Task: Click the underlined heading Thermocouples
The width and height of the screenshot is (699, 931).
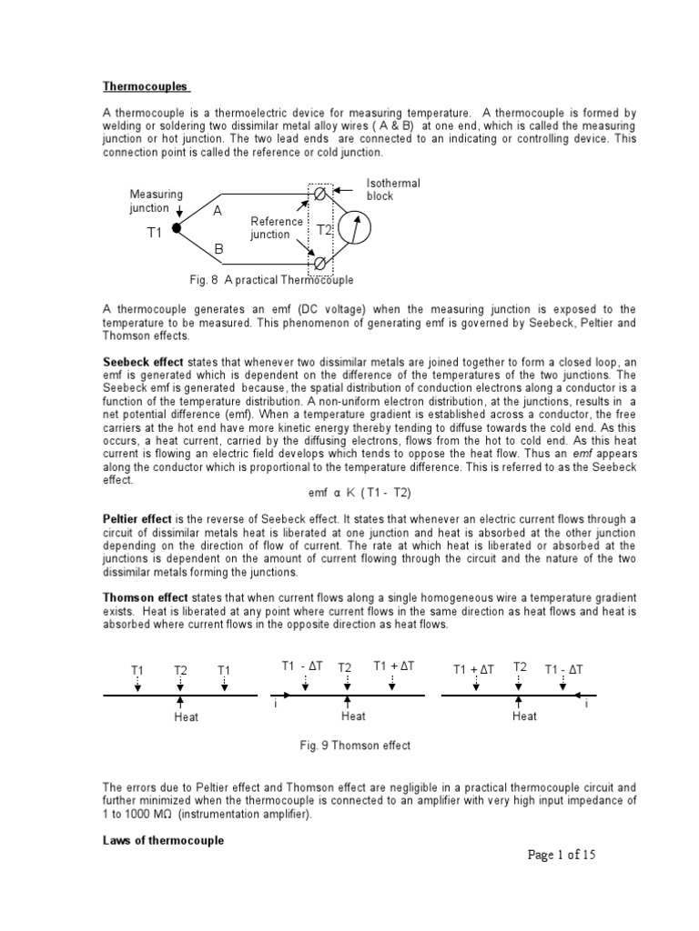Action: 146,86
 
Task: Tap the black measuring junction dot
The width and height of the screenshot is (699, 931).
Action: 176,229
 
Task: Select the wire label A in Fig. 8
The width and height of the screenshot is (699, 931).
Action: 218,211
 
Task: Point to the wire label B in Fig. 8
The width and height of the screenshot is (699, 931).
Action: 218,248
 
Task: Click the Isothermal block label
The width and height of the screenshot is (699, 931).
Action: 393,189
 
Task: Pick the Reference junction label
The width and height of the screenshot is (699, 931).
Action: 277,228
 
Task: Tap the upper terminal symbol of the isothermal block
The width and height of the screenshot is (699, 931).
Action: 319,195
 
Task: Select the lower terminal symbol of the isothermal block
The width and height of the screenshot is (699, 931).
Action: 319,263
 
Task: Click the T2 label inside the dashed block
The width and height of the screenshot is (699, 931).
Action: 324,231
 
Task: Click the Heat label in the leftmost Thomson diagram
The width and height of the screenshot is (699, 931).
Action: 186,717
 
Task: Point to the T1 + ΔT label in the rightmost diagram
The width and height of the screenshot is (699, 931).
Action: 473,669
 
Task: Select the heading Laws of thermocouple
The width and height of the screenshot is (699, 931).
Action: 163,841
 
